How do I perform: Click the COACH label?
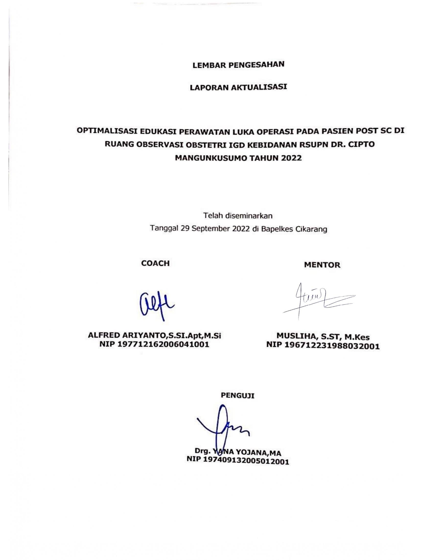pyautogui.click(x=155, y=263)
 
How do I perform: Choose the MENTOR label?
pyautogui.click(x=322, y=265)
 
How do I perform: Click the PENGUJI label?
pyautogui.click(x=237, y=396)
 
